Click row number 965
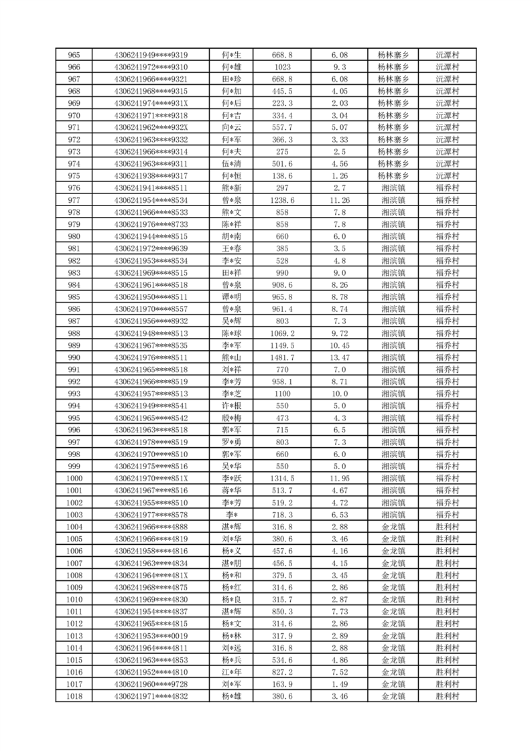click(74, 55)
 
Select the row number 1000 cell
click(74, 479)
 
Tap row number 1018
click(74, 697)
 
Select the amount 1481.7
click(282, 357)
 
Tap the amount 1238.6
click(282, 200)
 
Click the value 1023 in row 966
click(282, 67)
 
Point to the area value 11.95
click(340, 479)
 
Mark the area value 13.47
click(340, 357)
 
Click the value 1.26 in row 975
click(340, 176)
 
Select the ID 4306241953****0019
click(151, 636)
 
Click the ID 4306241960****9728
click(151, 684)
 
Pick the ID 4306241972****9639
click(151, 248)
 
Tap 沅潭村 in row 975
click(447, 176)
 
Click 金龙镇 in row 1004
click(393, 527)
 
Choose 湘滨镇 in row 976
click(393, 188)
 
